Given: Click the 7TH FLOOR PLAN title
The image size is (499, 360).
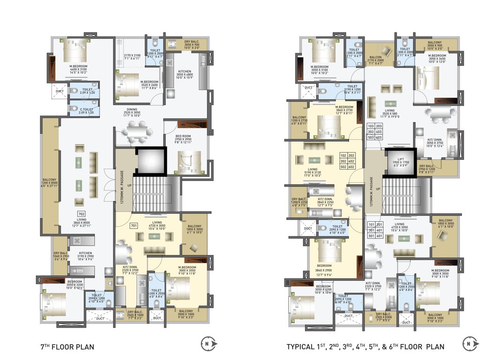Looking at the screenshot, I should [x=68, y=347].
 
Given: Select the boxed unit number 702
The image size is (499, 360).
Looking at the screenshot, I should [x=82, y=214].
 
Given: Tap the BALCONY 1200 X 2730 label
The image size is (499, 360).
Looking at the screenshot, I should [x=300, y=121].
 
